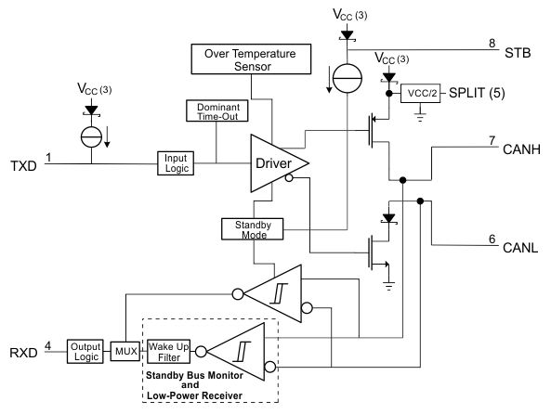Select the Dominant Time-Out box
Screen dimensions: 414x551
(x=216, y=112)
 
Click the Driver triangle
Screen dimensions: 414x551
(x=275, y=163)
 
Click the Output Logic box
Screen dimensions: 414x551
(x=85, y=352)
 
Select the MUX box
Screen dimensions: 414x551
(x=125, y=352)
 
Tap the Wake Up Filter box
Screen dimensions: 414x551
(x=172, y=351)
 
